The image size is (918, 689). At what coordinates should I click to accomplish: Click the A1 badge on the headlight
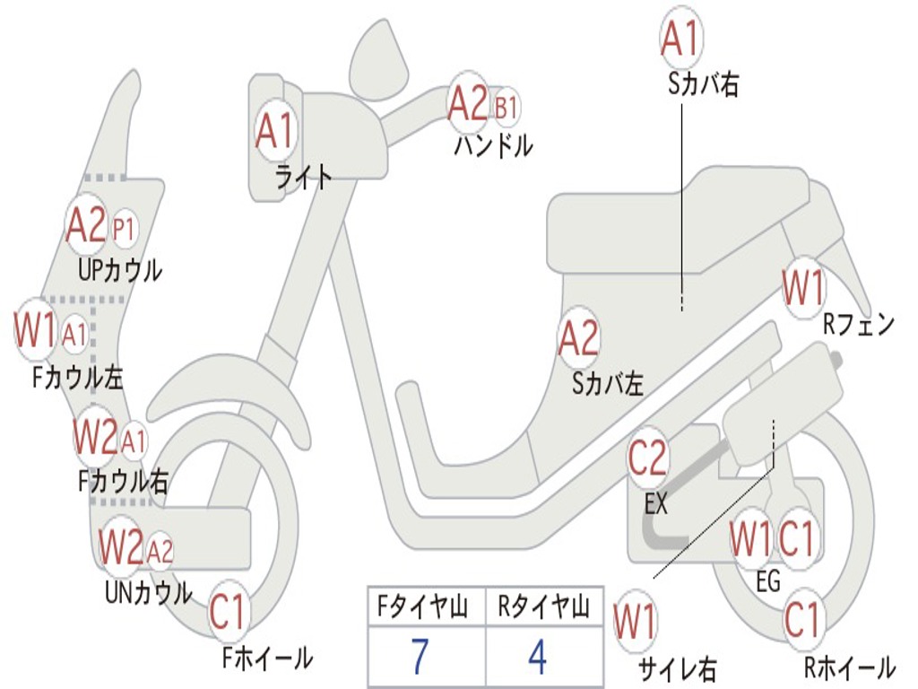(274, 132)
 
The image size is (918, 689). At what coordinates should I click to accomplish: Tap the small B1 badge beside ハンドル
(506, 109)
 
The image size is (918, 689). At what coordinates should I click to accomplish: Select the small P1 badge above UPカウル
(124, 230)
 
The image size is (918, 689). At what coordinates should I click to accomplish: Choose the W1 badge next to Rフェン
(802, 290)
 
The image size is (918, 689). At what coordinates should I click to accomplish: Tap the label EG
(768, 581)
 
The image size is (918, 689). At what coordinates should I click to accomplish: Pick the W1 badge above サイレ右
(635, 622)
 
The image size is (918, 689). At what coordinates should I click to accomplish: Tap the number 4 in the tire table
(537, 657)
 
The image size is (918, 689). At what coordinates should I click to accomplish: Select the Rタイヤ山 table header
(543, 608)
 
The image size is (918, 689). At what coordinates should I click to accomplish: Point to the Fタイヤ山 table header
(426, 608)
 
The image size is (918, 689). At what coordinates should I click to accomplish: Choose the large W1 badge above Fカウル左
(36, 331)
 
